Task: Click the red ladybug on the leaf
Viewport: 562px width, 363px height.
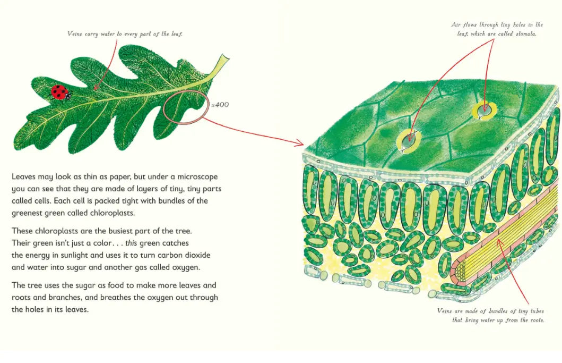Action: coord(60,92)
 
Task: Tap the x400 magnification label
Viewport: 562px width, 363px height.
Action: coord(220,105)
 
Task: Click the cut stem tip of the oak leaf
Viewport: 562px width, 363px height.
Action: coord(226,61)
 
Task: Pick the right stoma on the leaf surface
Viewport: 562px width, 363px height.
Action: coord(483,109)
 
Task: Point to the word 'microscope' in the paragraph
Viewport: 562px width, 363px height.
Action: coord(192,176)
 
